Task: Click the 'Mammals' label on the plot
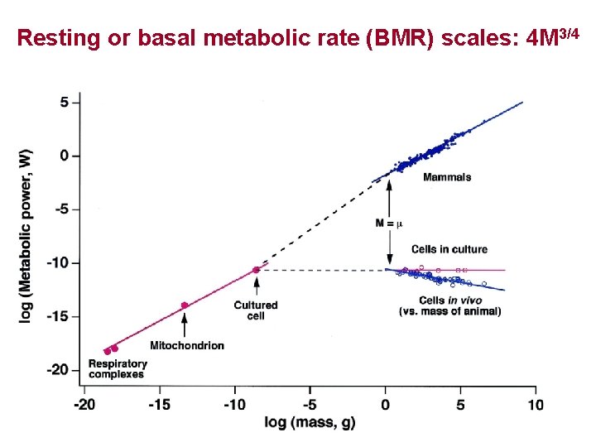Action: (x=447, y=177)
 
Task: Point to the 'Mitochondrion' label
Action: (x=187, y=345)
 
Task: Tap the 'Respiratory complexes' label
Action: (x=118, y=369)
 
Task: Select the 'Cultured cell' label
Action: (x=256, y=310)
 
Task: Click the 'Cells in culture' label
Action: (x=449, y=249)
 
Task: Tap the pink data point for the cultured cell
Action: (x=256, y=270)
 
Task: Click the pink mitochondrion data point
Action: (x=185, y=305)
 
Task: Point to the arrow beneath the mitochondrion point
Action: (x=184, y=324)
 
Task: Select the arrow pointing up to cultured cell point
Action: (x=256, y=286)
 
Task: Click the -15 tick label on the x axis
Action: (x=159, y=405)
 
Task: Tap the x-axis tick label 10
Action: (x=535, y=405)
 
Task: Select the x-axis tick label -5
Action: (x=310, y=405)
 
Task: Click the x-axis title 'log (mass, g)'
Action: (x=310, y=423)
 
